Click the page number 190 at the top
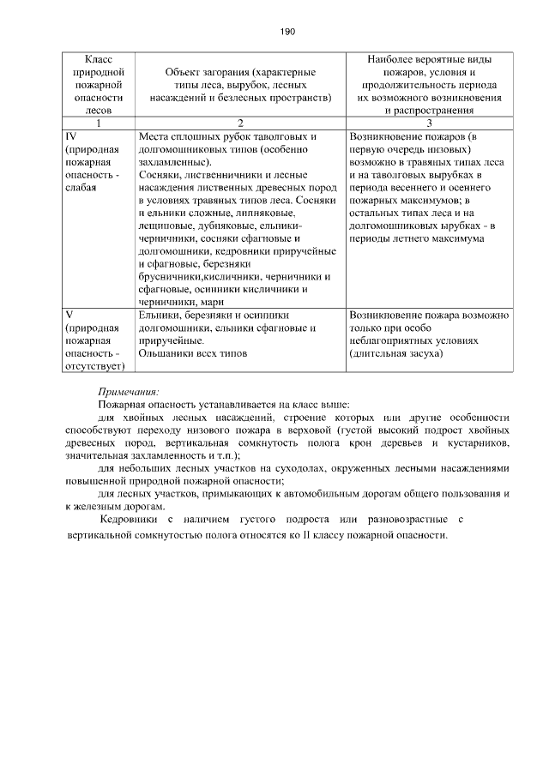click(287, 32)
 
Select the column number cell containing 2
click(239, 123)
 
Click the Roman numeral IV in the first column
click(72, 135)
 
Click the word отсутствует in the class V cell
click(94, 366)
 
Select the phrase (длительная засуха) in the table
click(395, 353)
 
